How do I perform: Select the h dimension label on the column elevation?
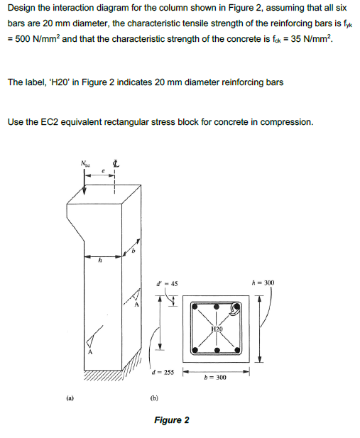point(101,262)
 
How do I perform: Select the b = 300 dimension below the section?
point(214,378)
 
